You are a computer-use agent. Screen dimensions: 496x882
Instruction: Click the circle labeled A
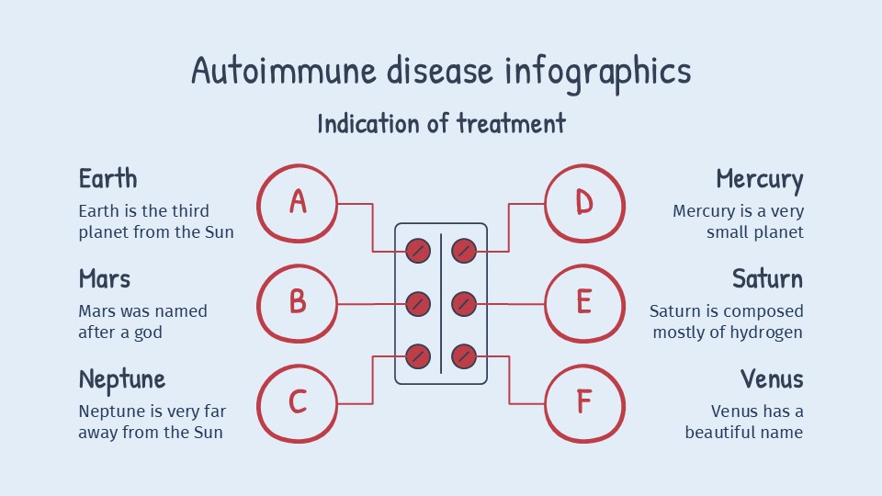[297, 202]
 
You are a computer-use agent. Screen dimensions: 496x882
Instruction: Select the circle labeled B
[297, 302]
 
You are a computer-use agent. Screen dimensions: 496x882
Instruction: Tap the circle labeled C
[297, 402]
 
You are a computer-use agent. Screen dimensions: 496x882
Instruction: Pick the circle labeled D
[584, 202]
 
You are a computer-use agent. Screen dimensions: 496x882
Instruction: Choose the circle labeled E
[584, 302]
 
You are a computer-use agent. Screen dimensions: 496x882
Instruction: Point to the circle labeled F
[584, 402]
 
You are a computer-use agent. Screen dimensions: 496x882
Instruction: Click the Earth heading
[107, 178]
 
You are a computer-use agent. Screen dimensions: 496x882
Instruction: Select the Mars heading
[104, 278]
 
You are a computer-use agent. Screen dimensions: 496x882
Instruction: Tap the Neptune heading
[121, 379]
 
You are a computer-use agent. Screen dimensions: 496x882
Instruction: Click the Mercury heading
[759, 179]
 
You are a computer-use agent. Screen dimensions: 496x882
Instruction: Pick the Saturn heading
[767, 278]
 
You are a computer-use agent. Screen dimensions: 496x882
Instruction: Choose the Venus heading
[772, 378]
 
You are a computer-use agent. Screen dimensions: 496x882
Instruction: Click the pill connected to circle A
[418, 250]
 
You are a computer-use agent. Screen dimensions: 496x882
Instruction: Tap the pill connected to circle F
[464, 355]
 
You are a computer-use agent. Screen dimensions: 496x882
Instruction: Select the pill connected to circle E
[464, 302]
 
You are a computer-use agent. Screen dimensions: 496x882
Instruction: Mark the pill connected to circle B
[418, 302]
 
